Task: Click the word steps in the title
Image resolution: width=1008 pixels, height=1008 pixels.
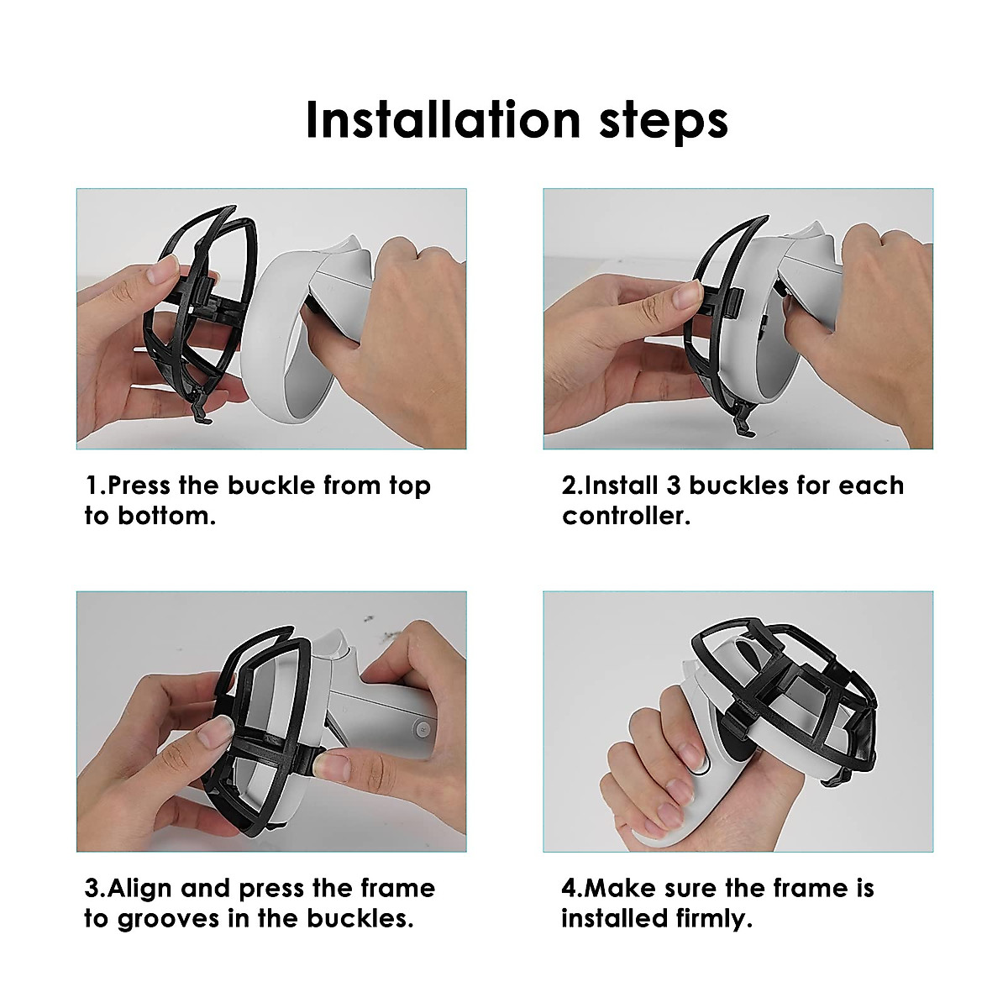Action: (x=663, y=122)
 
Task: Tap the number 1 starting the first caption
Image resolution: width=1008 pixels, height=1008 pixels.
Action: (x=91, y=486)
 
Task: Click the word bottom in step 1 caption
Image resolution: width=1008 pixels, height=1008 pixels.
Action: (x=165, y=516)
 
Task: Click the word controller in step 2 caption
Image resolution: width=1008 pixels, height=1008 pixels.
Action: (x=626, y=516)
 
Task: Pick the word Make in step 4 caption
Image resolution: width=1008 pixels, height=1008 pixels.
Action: (x=620, y=889)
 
